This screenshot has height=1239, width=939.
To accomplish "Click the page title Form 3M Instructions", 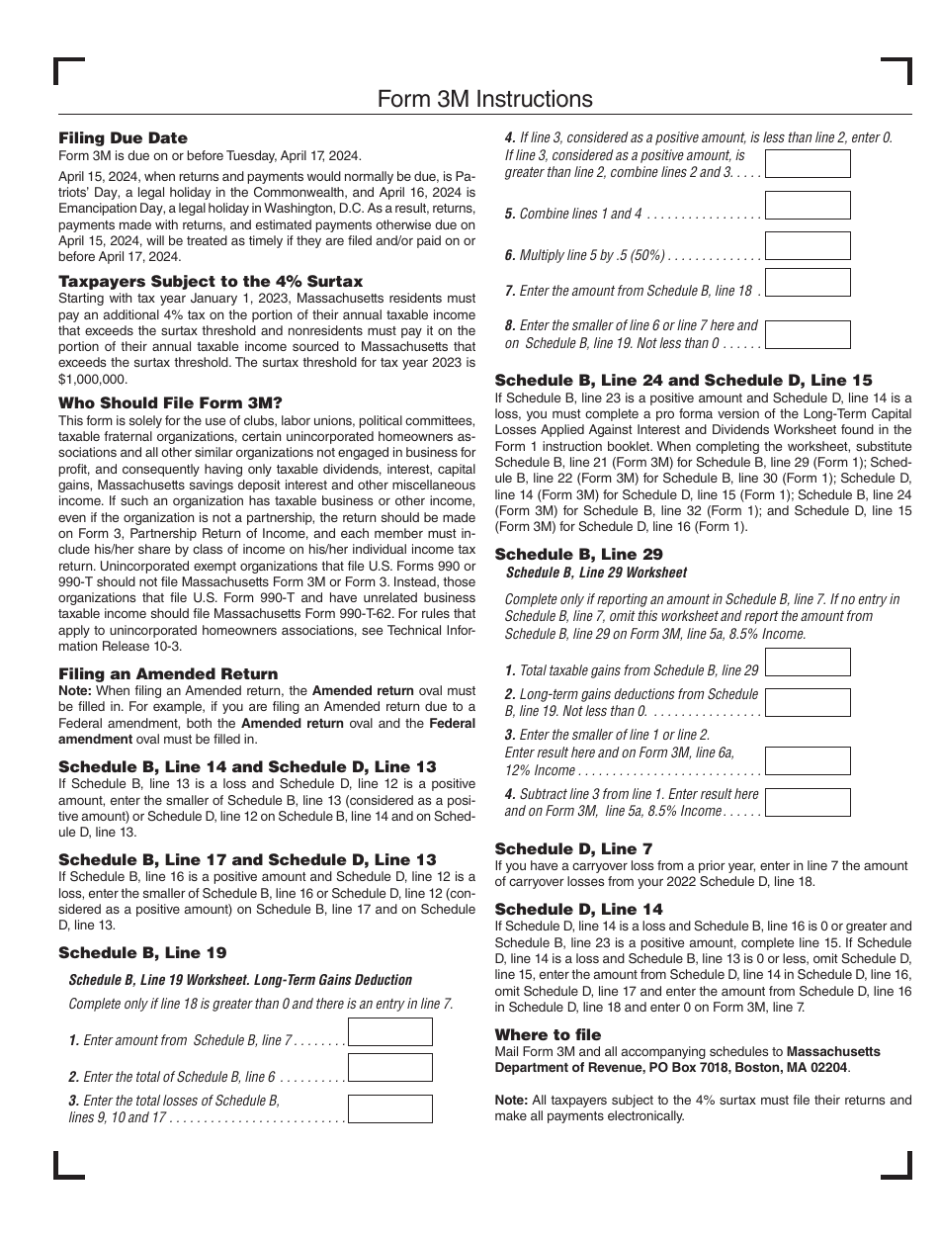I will coord(484,99).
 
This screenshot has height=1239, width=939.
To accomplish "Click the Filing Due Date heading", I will coord(123,138).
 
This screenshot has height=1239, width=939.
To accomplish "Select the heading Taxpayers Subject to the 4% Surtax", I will coord(211,282).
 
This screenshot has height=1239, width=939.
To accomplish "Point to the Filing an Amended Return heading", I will coord(168,673).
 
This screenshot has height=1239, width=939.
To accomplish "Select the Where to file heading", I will coord(548,1034).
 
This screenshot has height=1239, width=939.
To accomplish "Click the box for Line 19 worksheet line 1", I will coord(390,1032).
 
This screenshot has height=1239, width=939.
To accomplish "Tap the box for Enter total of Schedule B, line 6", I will coord(390,1068).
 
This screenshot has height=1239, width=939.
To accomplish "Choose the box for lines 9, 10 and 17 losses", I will coord(390,1108).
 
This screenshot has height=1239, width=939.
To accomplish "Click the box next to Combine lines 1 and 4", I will coord(808,206).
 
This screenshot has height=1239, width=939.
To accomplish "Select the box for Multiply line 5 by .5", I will coord(808,246).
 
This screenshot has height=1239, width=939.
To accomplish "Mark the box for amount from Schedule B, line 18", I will coord(808,282).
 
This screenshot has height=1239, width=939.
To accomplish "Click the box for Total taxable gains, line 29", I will coord(808,663).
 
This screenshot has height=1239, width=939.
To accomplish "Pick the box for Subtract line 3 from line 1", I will coord(808,802).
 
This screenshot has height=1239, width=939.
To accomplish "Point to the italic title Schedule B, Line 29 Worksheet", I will coord(596,573).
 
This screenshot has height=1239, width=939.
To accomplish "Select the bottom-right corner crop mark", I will coord(897,1165).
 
